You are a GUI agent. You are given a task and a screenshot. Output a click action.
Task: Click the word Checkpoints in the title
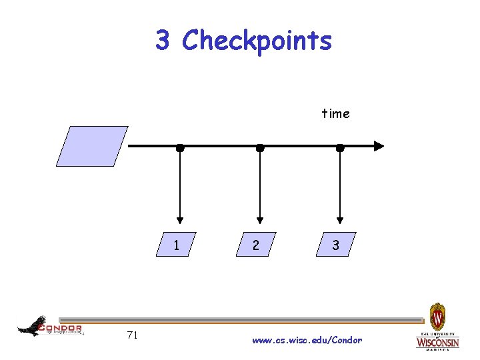click(257, 41)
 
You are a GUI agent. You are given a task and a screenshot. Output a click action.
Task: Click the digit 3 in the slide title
click(162, 41)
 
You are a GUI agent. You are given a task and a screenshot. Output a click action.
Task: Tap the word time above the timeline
click(335, 114)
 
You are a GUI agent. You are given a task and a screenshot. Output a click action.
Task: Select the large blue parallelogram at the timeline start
click(92, 146)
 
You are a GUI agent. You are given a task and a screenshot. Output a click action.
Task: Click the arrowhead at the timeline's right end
click(379, 146)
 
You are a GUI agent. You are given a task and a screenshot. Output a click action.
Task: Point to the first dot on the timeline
click(180, 147)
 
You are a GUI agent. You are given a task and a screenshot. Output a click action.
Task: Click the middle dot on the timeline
click(260, 147)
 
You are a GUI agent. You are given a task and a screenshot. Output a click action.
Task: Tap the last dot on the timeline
click(340, 147)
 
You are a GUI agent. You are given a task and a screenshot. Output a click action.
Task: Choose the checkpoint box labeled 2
click(256, 245)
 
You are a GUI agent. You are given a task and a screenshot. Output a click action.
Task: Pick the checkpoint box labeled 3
click(336, 245)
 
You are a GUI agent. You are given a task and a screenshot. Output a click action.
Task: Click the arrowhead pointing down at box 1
click(180, 219)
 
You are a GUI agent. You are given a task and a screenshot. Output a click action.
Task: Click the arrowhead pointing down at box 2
click(260, 219)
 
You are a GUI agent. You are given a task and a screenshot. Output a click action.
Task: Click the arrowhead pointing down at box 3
click(340, 219)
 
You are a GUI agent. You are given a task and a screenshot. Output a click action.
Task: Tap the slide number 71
click(132, 335)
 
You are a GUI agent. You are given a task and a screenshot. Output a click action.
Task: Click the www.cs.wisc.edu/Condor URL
click(307, 340)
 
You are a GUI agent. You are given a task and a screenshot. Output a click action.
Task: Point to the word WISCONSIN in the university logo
click(437, 343)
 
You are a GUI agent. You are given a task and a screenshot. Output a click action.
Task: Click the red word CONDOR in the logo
click(61, 328)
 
